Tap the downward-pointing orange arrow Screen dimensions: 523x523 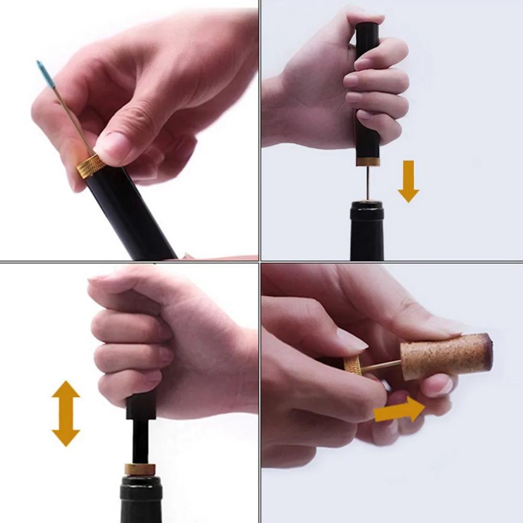pyautogui.click(x=408, y=181)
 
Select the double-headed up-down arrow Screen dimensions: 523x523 pyautogui.click(x=66, y=413)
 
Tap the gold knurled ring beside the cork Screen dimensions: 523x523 pyautogui.click(x=354, y=364)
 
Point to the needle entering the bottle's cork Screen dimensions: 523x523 pyautogui.click(x=368, y=183)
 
